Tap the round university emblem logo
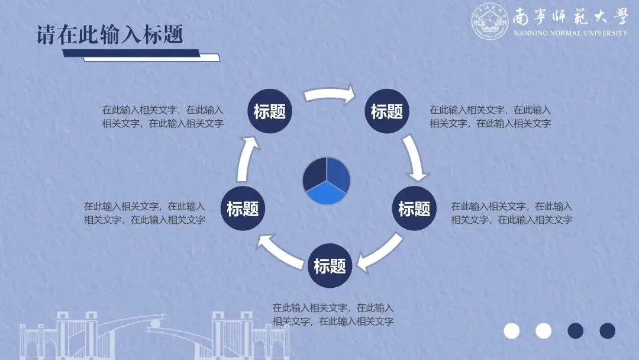pos(490,22)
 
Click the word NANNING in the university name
pos(531,33)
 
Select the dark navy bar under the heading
pos(130,53)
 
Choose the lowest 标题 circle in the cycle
pos(330,266)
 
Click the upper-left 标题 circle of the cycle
pos(269,111)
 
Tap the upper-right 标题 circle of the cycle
pos(386,111)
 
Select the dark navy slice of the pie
pos(314,174)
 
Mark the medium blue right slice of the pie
pos(339,174)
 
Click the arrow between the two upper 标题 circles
pos(329,94)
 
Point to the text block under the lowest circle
pos(333,314)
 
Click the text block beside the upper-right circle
pos(490,117)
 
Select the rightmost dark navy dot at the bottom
pos(607,330)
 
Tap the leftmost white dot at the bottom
pos(511,330)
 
